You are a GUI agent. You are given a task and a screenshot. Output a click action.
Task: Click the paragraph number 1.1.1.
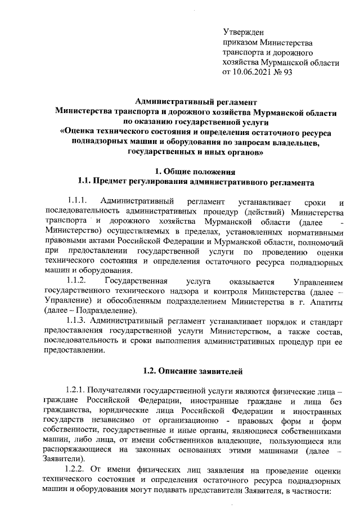[x=77, y=201]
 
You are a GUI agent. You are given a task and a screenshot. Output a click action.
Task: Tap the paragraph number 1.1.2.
[x=77, y=281]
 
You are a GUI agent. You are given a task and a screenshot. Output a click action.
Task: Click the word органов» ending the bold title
[x=245, y=152]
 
